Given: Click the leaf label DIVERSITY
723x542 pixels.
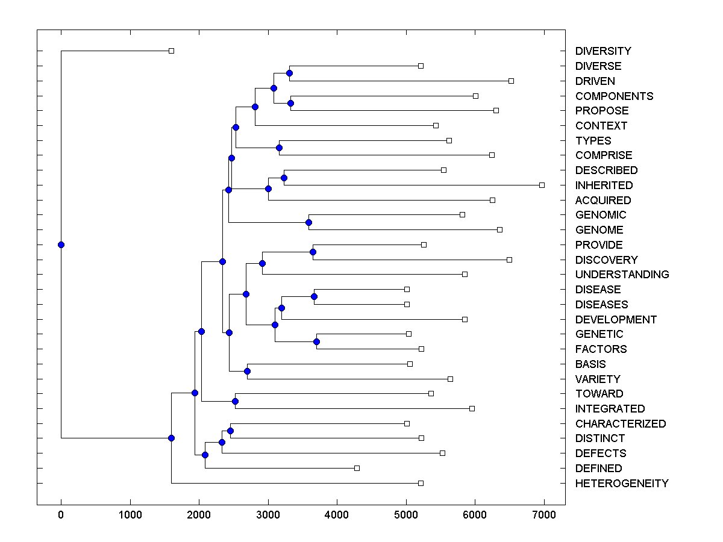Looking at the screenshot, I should [x=603, y=51].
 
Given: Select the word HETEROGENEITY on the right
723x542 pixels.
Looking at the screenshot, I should [x=622, y=484].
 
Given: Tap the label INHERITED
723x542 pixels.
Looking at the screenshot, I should [x=604, y=185].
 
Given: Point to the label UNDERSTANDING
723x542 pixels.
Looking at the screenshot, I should [x=622, y=275].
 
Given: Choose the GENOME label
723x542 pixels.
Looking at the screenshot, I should [x=599, y=230].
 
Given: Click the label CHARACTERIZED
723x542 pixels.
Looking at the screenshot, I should [x=621, y=424].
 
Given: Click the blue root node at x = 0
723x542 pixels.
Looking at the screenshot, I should [x=61, y=245].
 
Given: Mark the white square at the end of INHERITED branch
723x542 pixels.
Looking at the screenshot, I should [x=542, y=185].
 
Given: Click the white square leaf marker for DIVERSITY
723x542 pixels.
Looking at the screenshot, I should [x=171, y=51].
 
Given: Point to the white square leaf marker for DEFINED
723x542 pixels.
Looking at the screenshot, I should [x=357, y=468].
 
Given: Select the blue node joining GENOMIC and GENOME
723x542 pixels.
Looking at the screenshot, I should [x=308, y=222].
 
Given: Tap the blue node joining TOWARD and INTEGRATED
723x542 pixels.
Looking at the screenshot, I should [x=236, y=401].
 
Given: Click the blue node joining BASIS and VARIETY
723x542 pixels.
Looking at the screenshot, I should [x=247, y=371].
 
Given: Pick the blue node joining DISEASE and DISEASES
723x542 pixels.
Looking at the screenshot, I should [x=314, y=296].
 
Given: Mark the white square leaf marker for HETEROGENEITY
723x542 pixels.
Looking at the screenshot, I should [x=421, y=483].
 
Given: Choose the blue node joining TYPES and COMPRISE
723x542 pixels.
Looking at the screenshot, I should [x=279, y=148].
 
